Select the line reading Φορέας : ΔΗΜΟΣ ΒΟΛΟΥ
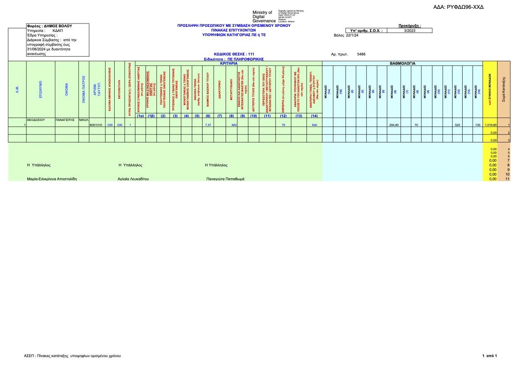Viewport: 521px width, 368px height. tap(50, 26)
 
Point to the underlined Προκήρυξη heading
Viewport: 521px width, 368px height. tap(409, 26)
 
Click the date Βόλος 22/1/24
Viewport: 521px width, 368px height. tap(346, 36)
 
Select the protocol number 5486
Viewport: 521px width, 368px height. tap(361, 54)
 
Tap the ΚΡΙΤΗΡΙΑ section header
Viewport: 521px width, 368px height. tap(229, 63)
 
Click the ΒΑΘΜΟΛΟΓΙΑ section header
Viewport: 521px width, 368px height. tap(403, 63)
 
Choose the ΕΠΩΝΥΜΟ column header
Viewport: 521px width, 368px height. tap(40, 89)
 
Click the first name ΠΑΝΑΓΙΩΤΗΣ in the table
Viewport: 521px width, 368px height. tap(65, 120)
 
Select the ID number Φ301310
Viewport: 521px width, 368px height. tap(96, 125)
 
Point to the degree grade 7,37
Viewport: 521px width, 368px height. tap(208, 125)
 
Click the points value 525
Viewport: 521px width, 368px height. tap(458, 125)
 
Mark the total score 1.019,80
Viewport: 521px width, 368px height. tap(490, 125)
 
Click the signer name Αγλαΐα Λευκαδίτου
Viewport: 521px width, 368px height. tap(133, 179)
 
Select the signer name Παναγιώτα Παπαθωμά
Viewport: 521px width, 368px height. tap(225, 179)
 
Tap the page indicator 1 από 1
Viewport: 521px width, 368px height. tap(489, 356)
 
